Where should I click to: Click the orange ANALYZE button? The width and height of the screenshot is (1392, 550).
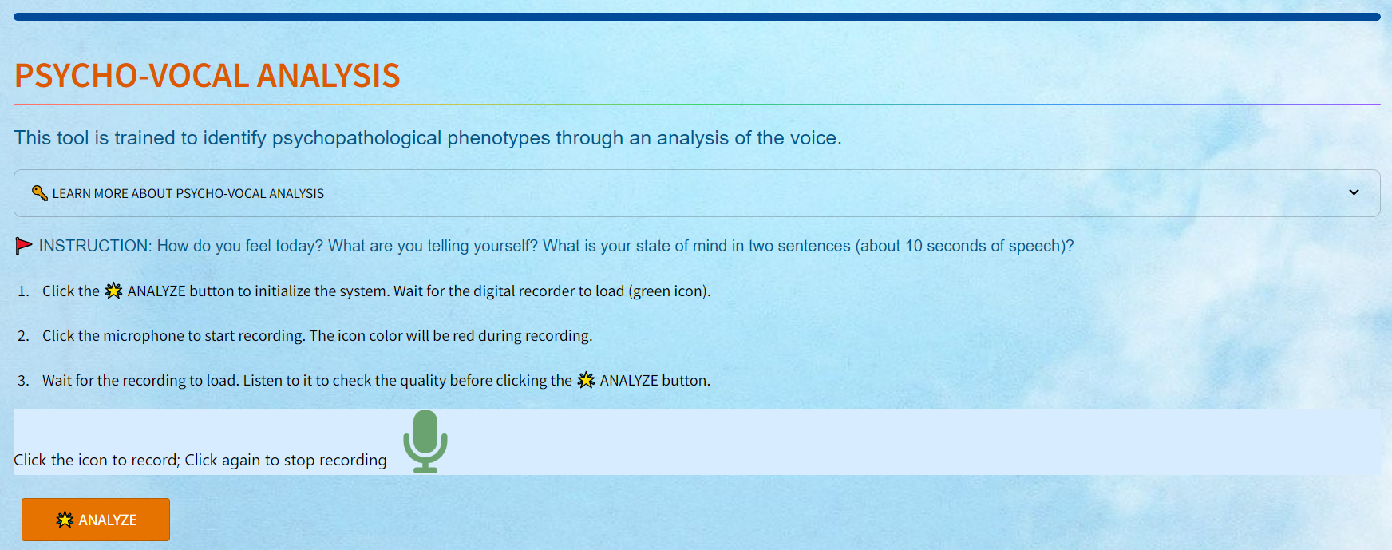[96, 520]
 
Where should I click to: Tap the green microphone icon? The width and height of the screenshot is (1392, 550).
[425, 441]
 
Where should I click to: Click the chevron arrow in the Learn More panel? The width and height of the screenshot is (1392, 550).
[1354, 192]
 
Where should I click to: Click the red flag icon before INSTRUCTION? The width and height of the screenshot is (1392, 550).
[24, 246]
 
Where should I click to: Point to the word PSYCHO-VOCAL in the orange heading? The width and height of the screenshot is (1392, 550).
[132, 76]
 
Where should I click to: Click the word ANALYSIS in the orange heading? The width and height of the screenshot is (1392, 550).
[329, 76]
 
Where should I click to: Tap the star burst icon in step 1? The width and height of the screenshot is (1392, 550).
[114, 291]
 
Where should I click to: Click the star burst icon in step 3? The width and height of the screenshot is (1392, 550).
[587, 380]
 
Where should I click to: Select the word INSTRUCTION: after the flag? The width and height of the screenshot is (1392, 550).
[95, 246]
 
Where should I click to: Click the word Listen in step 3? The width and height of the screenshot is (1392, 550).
[263, 381]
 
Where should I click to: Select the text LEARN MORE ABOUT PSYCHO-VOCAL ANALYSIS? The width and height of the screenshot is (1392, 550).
[188, 193]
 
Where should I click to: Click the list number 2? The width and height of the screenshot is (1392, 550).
[23, 336]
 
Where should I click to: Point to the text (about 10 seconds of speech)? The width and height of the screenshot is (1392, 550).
[962, 246]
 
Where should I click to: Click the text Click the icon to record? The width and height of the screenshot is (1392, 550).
[96, 460]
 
